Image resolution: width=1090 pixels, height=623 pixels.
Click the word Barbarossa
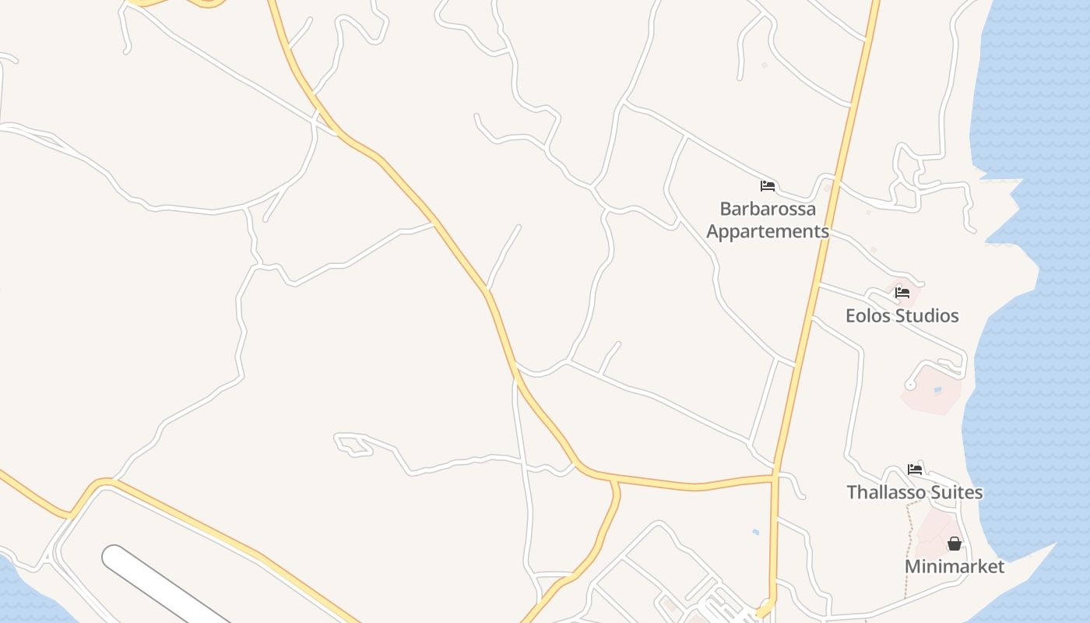coord(768,209)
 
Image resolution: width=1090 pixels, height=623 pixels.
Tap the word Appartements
coord(768,232)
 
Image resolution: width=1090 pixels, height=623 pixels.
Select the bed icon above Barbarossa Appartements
coord(768,186)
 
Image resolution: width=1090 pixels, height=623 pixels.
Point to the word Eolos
coord(870,316)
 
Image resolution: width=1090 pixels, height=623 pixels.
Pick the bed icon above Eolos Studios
coord(902,293)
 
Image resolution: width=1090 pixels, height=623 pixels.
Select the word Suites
coord(960,493)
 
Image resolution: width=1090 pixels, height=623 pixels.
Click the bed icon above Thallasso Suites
coord(915,470)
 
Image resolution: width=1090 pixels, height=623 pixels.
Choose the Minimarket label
coord(955,567)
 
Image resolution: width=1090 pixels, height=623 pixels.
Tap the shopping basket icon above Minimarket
coord(955,544)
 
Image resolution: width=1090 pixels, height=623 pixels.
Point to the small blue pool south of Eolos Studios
coord(937,390)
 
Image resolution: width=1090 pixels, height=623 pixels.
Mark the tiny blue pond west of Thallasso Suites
coord(755,532)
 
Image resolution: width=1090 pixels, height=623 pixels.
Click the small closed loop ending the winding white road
coord(350,445)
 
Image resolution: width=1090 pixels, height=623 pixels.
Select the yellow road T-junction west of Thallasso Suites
coord(775,474)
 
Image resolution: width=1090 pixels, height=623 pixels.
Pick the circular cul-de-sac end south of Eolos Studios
coord(910,385)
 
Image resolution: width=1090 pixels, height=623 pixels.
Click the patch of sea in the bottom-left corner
coord(19,596)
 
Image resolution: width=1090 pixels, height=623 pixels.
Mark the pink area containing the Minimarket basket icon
coord(934,530)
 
